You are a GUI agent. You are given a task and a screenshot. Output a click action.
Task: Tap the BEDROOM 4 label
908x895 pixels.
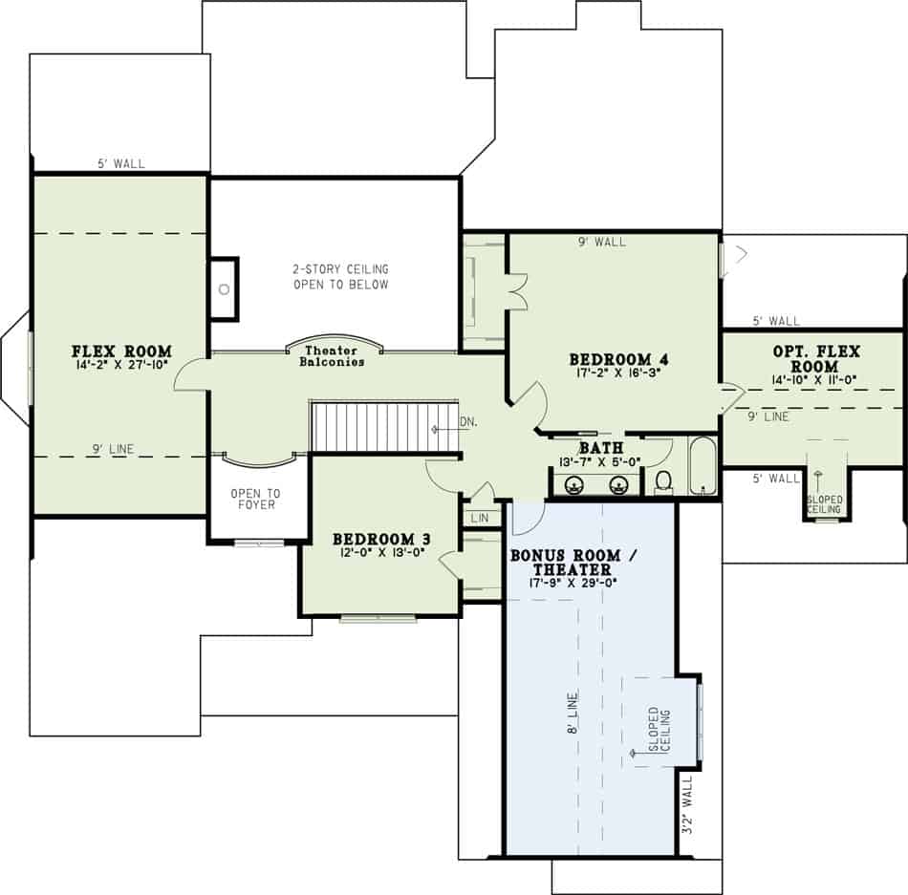(x=617, y=360)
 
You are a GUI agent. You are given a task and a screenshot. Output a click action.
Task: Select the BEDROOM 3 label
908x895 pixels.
(x=380, y=540)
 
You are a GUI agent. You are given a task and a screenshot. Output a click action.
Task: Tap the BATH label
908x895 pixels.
(x=600, y=448)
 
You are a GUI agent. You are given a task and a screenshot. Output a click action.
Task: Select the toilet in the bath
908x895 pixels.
(x=662, y=480)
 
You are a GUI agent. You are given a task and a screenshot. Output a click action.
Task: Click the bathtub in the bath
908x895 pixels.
(x=703, y=466)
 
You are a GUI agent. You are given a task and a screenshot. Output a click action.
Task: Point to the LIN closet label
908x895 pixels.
(x=480, y=517)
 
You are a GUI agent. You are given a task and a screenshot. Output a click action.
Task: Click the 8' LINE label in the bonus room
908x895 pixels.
(x=572, y=714)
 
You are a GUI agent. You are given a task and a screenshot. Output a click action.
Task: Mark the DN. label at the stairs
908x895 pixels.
(x=469, y=420)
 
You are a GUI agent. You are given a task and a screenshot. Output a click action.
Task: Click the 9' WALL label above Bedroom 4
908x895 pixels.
(x=603, y=243)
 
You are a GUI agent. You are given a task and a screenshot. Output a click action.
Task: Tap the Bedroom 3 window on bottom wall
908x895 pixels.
(x=378, y=618)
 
